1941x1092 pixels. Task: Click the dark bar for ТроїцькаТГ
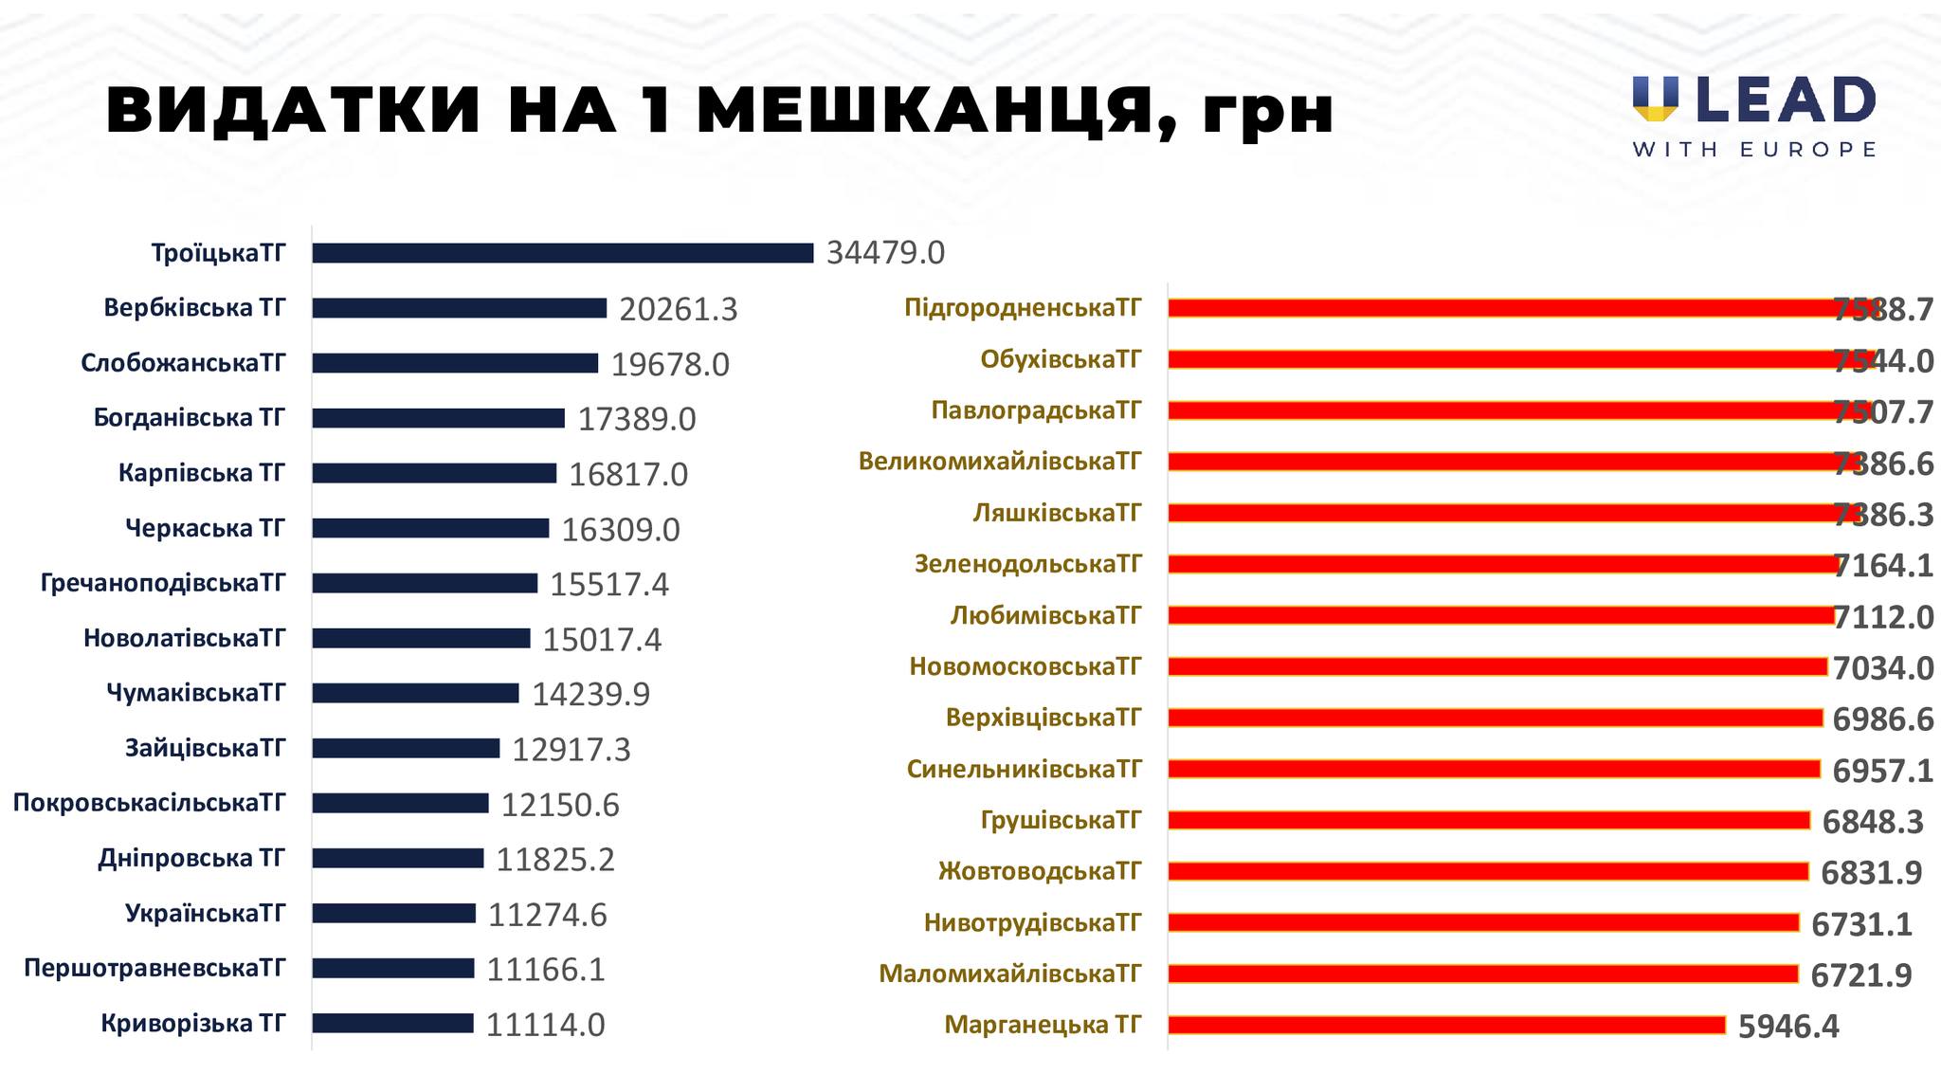pyautogui.click(x=562, y=253)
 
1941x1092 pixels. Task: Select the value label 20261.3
pyautogui.click(x=678, y=309)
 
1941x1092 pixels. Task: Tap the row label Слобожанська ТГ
pyautogui.click(x=183, y=363)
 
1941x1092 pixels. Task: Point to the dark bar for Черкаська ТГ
pyautogui.click(x=430, y=528)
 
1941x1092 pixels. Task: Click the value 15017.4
pyautogui.click(x=602, y=640)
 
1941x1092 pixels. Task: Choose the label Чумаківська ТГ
pyautogui.click(x=195, y=693)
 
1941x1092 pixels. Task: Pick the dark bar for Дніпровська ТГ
pyautogui.click(x=398, y=858)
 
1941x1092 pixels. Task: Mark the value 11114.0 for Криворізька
pyautogui.click(x=545, y=1025)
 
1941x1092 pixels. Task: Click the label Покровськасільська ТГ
pyautogui.click(x=149, y=803)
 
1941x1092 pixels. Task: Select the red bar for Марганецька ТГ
pyautogui.click(x=1446, y=1025)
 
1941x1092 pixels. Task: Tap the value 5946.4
pyautogui.click(x=1788, y=1027)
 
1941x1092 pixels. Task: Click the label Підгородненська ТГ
pyautogui.click(x=1023, y=308)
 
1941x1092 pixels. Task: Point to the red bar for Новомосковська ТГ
pyautogui.click(x=1497, y=666)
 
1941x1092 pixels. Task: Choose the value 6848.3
pyautogui.click(x=1873, y=822)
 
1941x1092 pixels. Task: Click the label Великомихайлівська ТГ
pyautogui.click(x=1000, y=462)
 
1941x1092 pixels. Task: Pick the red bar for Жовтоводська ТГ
pyautogui.click(x=1488, y=871)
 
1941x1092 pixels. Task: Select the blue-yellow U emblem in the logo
pyautogui.click(x=1655, y=99)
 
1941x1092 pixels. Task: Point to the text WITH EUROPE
pyautogui.click(x=1754, y=150)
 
